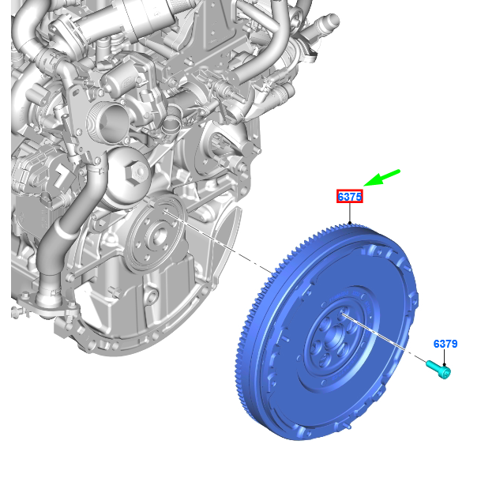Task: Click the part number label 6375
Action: pos(350,197)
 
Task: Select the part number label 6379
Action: pos(445,344)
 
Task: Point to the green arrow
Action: pos(382,178)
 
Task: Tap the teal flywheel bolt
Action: pos(438,370)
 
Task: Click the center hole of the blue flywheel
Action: pos(333,337)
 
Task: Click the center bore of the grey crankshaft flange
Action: pos(160,235)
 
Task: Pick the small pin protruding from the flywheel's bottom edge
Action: pos(348,426)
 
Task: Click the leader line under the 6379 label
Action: pos(444,358)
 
